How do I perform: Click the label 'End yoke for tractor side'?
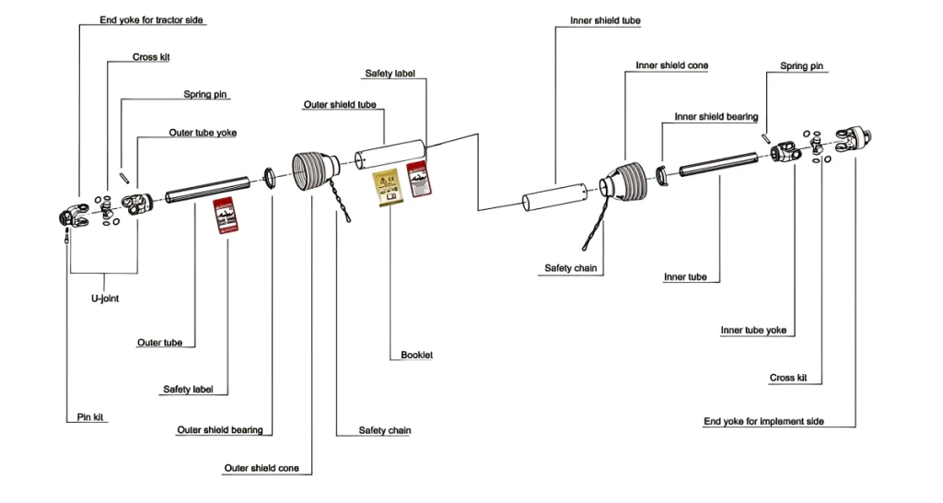(x=151, y=19)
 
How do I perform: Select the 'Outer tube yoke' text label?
(x=202, y=133)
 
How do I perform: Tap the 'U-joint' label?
(x=104, y=298)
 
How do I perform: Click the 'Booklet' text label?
(x=416, y=355)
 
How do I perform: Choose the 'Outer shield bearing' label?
(x=219, y=430)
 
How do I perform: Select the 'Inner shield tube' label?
(x=605, y=20)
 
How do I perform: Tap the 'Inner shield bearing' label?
(x=716, y=117)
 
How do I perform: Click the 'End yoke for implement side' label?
(x=763, y=422)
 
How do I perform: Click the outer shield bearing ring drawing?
(x=270, y=177)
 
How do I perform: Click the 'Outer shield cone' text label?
(x=262, y=468)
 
